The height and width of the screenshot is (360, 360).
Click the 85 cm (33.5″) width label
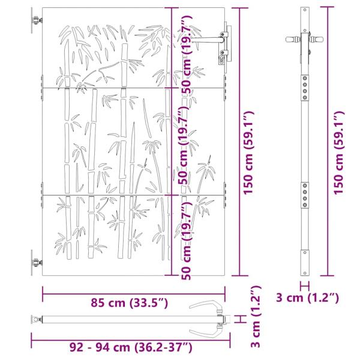coord(130,303)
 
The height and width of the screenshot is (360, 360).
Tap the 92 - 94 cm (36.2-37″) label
coord(131,347)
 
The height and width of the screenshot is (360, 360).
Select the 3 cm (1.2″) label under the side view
coord(307,298)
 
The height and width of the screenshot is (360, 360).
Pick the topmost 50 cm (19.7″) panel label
coord(187,55)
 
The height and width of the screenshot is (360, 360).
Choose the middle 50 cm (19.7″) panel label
coord(185,145)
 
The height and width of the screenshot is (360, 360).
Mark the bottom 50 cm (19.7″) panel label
coord(187,241)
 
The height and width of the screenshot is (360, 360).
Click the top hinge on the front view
coord(37,20)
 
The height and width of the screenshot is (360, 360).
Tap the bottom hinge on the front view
coord(37,262)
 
